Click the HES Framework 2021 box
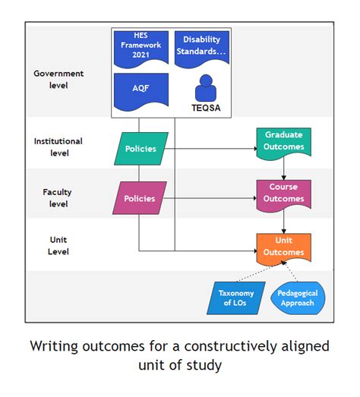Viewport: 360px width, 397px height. [x=141, y=48]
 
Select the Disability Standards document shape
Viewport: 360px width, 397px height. [x=201, y=48]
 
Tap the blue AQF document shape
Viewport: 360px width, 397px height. [x=141, y=90]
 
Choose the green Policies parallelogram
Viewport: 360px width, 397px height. [x=141, y=149]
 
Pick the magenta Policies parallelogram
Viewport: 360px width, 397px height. [x=140, y=198]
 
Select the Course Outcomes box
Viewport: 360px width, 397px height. [x=283, y=194]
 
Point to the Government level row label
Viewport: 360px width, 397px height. [x=58, y=79]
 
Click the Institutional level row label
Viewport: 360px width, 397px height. [x=58, y=147]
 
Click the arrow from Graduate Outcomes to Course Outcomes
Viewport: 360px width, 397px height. [x=283, y=168]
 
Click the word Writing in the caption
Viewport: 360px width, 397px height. [x=58, y=347]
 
